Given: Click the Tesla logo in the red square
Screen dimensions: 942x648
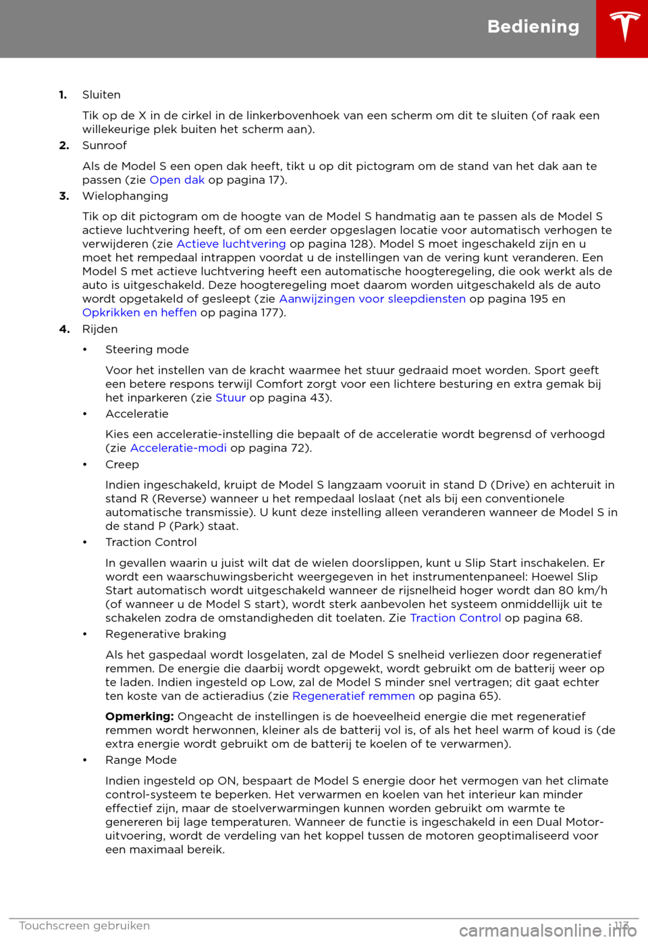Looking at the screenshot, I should coord(622,29).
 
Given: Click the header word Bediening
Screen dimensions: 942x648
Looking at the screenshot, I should coord(533,27).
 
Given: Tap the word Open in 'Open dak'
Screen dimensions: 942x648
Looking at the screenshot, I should coord(165,180).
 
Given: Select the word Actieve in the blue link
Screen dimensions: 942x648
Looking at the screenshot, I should coord(198,244).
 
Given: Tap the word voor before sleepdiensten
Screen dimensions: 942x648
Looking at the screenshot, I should coord(371,299).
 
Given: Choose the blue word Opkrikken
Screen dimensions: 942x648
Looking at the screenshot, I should coord(111,313).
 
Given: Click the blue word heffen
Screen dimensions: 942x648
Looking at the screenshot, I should coord(179,313).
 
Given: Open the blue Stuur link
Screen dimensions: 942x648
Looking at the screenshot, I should coord(231,398).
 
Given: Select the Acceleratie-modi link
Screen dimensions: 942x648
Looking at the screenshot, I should coord(178,448).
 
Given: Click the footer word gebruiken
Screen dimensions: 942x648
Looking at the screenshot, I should coord(122,926).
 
